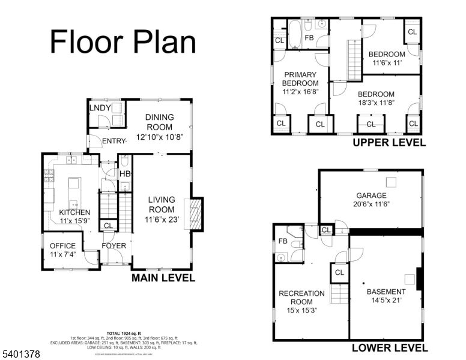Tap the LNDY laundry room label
pos(100,107)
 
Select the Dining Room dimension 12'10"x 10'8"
pos(159,137)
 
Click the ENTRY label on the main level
pos(114,142)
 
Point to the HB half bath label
pos(125,174)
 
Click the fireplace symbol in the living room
pos(195,214)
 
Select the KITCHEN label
pos(74,212)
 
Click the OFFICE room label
pos(62,245)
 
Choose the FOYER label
pos(113,245)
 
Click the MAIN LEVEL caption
pos(163,278)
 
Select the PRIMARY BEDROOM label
pos(300,79)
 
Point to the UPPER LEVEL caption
pos(389,143)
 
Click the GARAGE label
pos(371,196)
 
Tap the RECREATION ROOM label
pos(301,298)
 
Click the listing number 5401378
pos(22,355)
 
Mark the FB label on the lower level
pos(282,241)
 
